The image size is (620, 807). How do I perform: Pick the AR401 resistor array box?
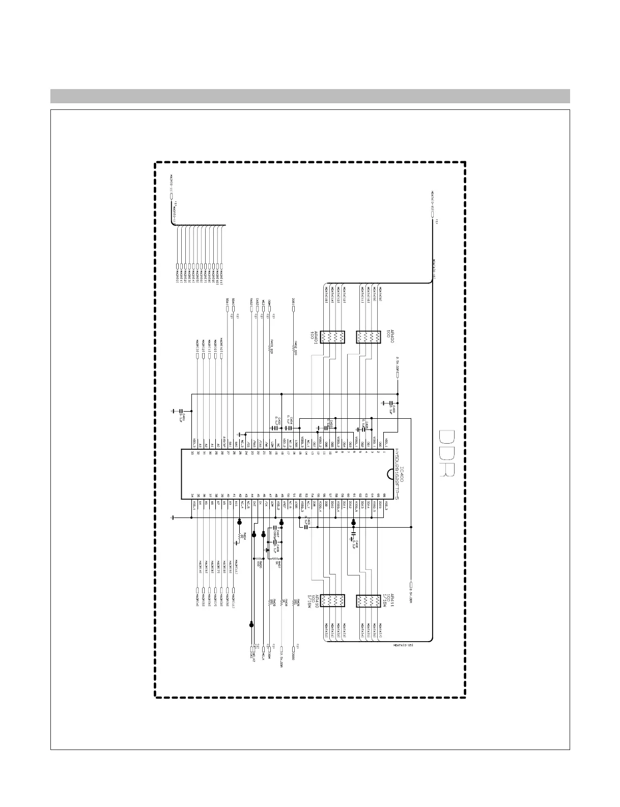(x=333, y=337)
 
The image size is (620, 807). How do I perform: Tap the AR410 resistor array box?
(x=333, y=601)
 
